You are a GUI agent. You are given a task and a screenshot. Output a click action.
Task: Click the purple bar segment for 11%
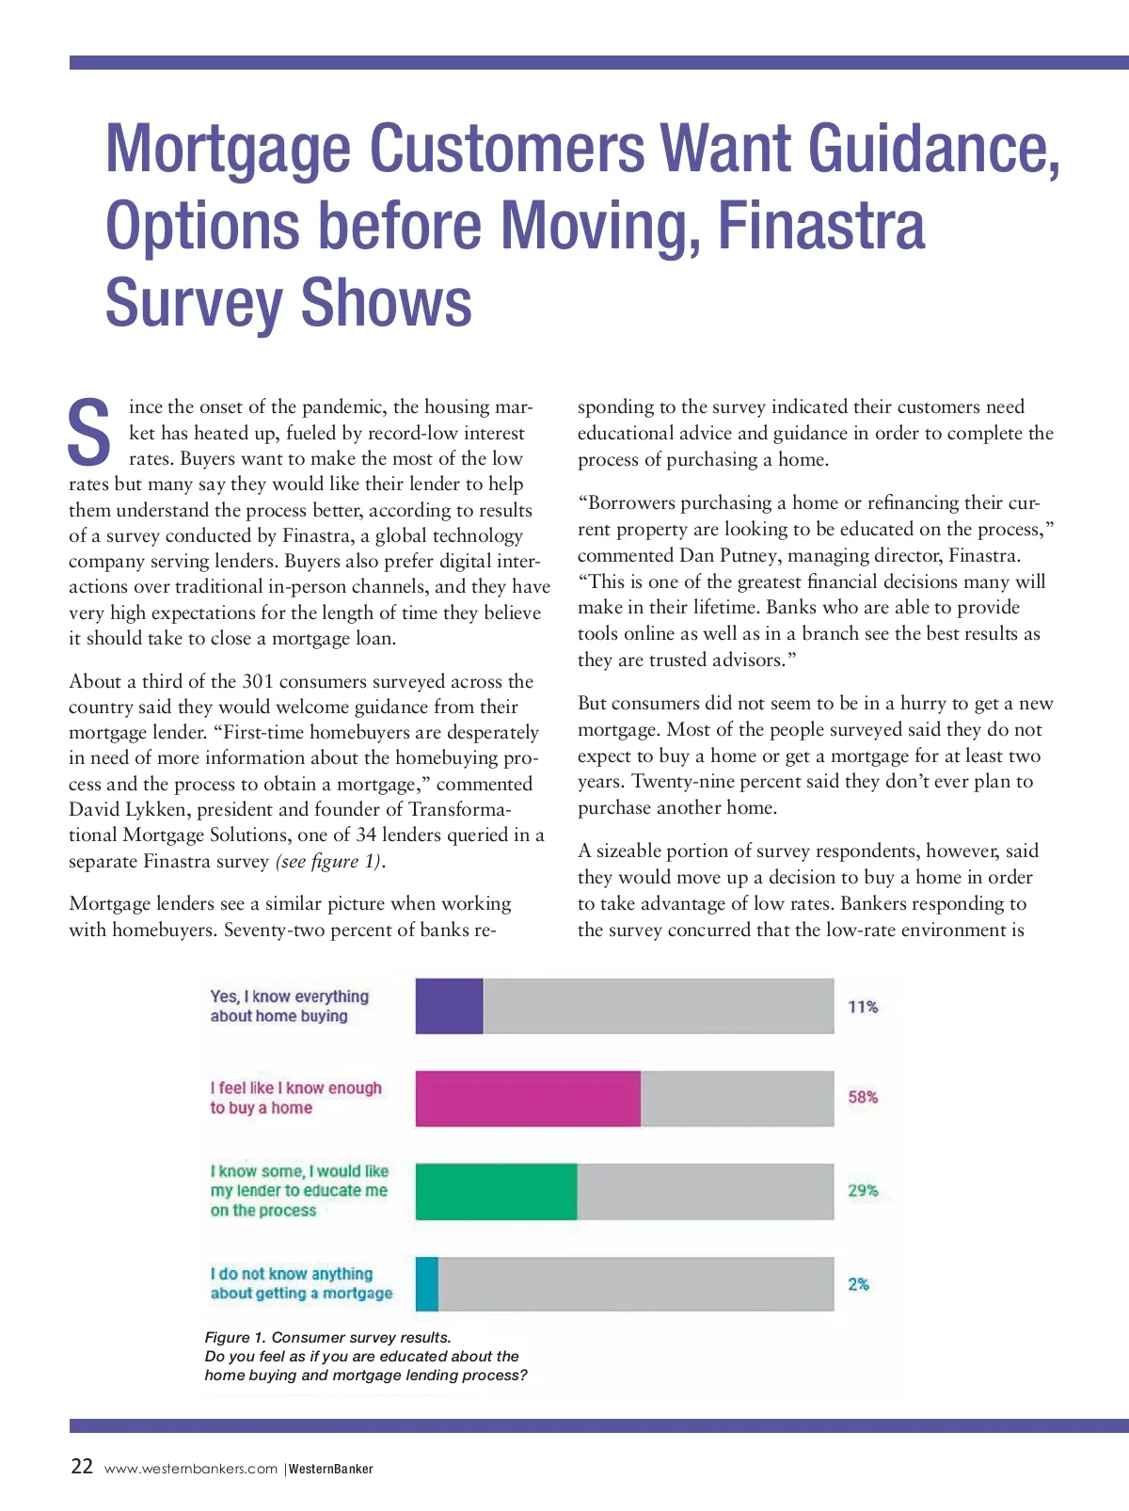pyautogui.click(x=449, y=1006)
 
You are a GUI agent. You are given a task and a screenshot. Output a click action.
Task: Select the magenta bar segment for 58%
pyautogui.click(x=528, y=1098)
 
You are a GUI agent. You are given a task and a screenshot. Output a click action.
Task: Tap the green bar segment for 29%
pyautogui.click(x=496, y=1191)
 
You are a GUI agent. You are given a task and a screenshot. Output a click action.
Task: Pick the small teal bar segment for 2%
pyautogui.click(x=427, y=1284)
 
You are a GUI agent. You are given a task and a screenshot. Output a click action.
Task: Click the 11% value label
pyautogui.click(x=863, y=1007)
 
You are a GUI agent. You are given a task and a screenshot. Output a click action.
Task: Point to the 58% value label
pyautogui.click(x=863, y=1097)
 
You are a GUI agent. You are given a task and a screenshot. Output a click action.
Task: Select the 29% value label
pyautogui.click(x=863, y=1190)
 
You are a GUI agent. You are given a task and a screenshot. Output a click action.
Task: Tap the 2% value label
pyautogui.click(x=858, y=1284)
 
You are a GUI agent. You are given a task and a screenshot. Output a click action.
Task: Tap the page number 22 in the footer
pyautogui.click(x=82, y=1467)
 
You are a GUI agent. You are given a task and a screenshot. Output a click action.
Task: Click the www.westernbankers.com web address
pyautogui.click(x=191, y=1469)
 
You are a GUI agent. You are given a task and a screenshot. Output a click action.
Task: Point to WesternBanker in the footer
pyautogui.click(x=330, y=1469)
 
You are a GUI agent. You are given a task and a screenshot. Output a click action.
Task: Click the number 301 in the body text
pyautogui.click(x=258, y=681)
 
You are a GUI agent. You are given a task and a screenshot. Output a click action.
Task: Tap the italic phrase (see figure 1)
pyautogui.click(x=329, y=861)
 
